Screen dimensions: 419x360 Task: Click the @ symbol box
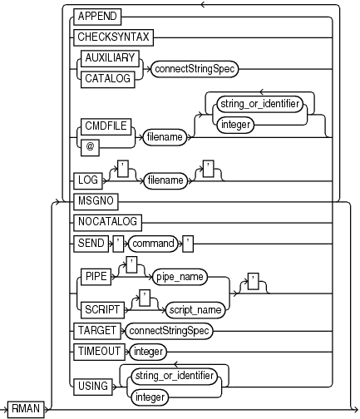(x=85, y=147)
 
